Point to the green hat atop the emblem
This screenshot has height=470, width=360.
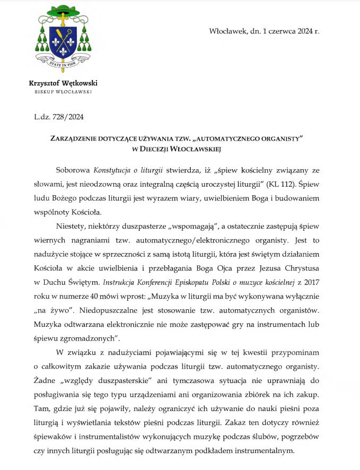click(63, 10)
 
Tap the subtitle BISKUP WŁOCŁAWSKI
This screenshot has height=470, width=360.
click(63, 92)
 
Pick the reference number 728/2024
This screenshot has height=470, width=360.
click(69, 117)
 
